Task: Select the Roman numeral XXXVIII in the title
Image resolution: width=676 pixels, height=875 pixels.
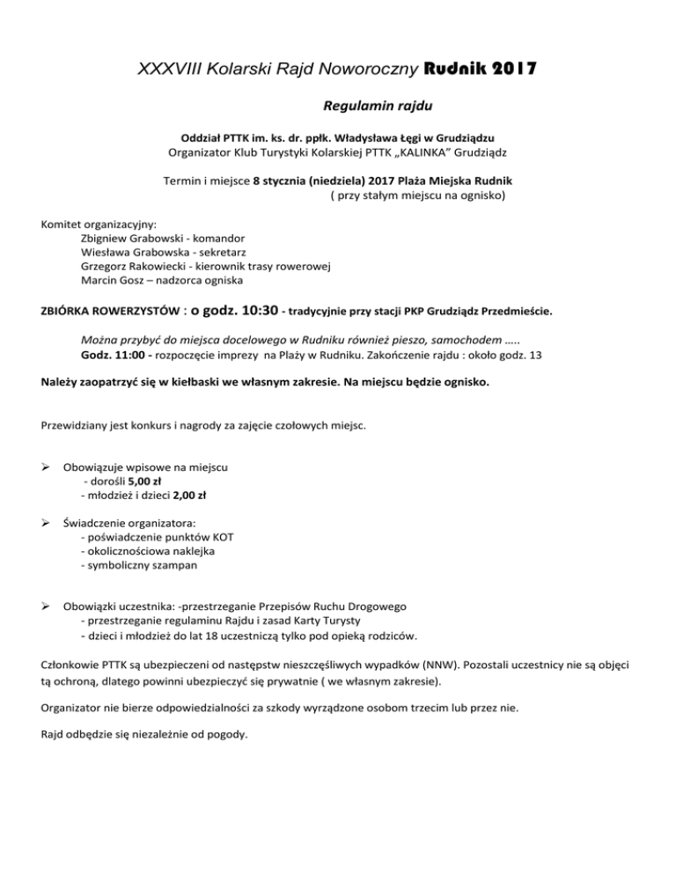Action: pyautogui.click(x=167, y=68)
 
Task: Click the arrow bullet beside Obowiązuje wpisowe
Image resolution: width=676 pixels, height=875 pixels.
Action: pyautogui.click(x=47, y=467)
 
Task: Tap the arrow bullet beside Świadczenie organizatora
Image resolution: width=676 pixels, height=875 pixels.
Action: pyautogui.click(x=47, y=524)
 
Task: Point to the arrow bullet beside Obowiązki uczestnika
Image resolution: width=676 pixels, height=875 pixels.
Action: pyautogui.click(x=47, y=607)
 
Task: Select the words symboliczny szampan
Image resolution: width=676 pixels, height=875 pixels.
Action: pyautogui.click(x=138, y=566)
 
